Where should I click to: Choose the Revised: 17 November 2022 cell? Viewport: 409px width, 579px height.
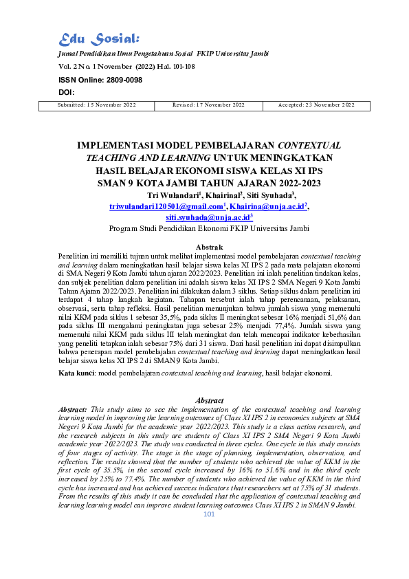click(x=209, y=105)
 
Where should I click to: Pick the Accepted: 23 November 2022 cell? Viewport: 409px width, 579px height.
click(x=316, y=105)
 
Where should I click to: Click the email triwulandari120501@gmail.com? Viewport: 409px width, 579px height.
click(x=167, y=206)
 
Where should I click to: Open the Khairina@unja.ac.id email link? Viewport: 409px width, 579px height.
click(x=269, y=206)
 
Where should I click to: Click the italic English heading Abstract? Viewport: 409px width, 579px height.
click(x=210, y=400)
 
